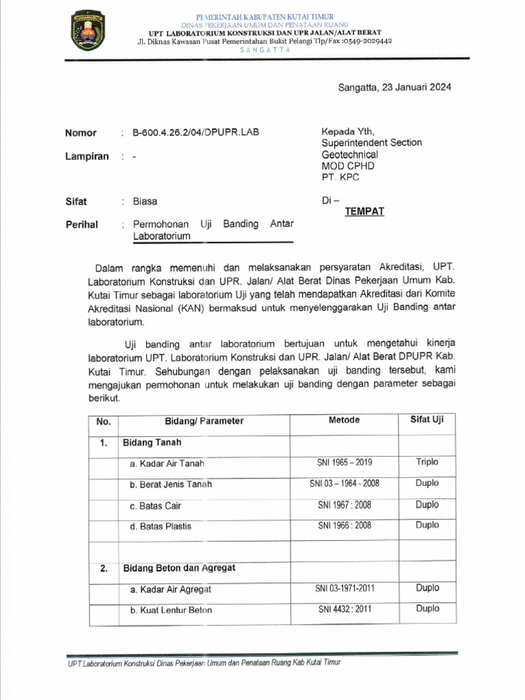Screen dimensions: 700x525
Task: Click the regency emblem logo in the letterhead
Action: (x=87, y=31)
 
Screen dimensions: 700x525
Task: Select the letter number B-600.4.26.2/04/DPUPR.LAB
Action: (x=196, y=133)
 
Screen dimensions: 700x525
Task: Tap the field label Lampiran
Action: (x=87, y=156)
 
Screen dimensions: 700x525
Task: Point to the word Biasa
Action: (x=145, y=202)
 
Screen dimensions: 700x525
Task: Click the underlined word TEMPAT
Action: (x=364, y=211)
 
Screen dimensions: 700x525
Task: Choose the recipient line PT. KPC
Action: (x=340, y=177)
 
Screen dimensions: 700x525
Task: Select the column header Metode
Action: (x=344, y=420)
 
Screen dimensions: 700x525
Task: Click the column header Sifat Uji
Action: (x=427, y=420)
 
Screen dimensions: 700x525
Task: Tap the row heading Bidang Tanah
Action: (x=152, y=442)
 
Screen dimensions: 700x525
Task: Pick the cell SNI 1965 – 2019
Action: (x=345, y=463)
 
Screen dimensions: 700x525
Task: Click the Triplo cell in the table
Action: (x=427, y=462)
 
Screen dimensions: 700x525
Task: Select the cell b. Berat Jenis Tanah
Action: (x=171, y=485)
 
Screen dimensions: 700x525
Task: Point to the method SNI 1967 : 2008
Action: (x=345, y=505)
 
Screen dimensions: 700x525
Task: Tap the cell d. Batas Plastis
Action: (x=161, y=526)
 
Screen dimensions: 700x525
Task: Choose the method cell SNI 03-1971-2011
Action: (x=345, y=589)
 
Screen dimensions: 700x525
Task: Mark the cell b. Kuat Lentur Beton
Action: (x=171, y=610)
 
